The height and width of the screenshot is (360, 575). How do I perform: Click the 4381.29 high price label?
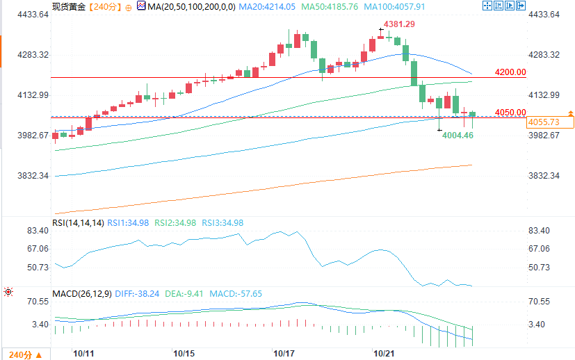point(401,24)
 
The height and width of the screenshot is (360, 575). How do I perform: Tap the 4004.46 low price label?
point(457,135)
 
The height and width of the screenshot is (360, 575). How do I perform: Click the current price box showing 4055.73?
point(544,122)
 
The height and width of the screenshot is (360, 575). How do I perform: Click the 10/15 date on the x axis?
point(184,353)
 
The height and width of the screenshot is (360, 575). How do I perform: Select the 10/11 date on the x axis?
point(83,353)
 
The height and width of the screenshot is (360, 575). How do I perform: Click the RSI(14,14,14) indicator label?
point(78,223)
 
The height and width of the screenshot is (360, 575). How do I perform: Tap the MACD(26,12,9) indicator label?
point(81,294)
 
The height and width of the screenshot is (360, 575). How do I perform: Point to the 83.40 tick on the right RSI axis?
point(541,231)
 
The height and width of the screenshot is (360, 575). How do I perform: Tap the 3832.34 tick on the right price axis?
point(544,176)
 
